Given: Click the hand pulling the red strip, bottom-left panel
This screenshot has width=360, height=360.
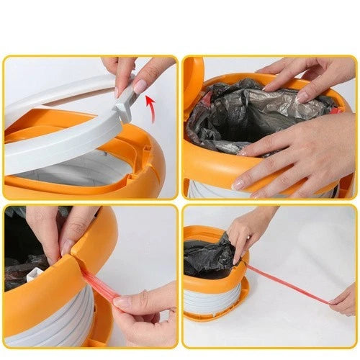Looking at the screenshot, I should (144, 310).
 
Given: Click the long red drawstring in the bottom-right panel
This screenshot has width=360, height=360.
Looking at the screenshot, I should (288, 284).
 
